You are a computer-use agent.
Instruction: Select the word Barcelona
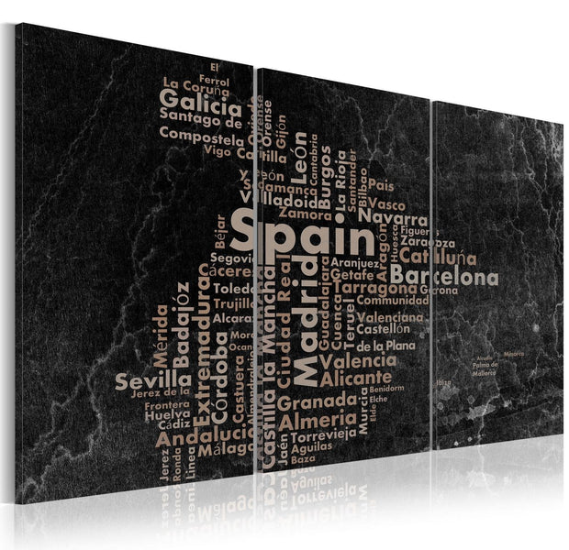(444, 277)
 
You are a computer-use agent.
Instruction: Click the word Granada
(317, 402)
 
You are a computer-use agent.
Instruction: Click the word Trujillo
(236, 303)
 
